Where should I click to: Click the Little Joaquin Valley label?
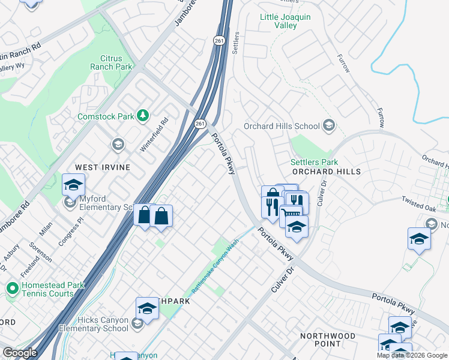tap(285, 22)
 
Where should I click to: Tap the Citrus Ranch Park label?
tap(112, 63)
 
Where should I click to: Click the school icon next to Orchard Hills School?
tap(328, 126)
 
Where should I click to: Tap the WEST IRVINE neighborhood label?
tap(102, 167)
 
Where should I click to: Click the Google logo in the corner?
tap(19, 353)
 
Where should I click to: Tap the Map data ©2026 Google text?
tap(412, 355)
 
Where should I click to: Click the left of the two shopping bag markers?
tap(144, 215)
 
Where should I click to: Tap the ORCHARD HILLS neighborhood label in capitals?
tap(328, 172)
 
